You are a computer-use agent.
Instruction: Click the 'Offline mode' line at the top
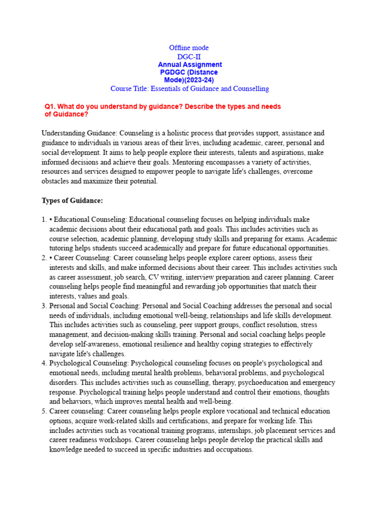click(x=189, y=48)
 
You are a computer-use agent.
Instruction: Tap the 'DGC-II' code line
click(x=189, y=57)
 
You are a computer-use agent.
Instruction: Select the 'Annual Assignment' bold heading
click(x=190, y=65)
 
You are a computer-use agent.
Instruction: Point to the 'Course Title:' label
click(x=130, y=89)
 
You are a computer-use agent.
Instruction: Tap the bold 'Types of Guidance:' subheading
click(x=72, y=201)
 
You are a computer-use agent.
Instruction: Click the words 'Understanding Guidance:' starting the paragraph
click(x=80, y=133)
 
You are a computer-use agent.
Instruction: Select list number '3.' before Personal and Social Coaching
click(x=44, y=306)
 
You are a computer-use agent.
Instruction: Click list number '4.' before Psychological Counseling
click(x=44, y=363)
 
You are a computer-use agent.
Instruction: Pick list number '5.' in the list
click(x=44, y=411)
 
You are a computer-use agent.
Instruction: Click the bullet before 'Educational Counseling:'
click(x=51, y=219)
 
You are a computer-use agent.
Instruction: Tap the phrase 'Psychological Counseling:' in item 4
click(x=89, y=363)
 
